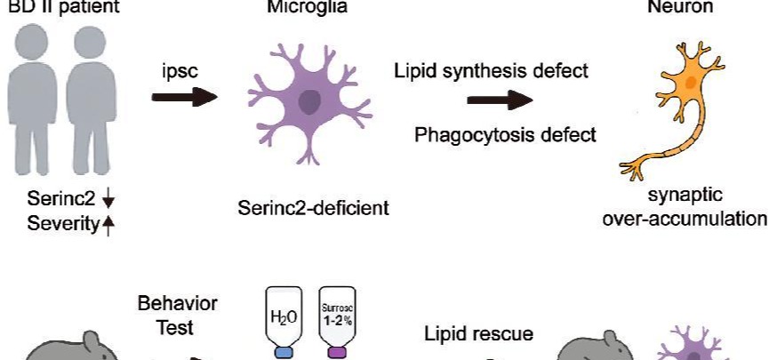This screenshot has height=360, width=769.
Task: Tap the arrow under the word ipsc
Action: [x=184, y=96]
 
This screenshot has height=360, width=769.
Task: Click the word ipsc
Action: [x=180, y=70]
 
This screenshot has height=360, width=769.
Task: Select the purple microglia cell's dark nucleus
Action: [x=309, y=103]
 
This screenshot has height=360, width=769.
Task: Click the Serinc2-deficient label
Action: [x=314, y=210]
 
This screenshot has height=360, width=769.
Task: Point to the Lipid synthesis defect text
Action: [x=492, y=70]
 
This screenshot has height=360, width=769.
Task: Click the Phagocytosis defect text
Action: [x=505, y=135]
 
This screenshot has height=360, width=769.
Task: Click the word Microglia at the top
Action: [x=295, y=7]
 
